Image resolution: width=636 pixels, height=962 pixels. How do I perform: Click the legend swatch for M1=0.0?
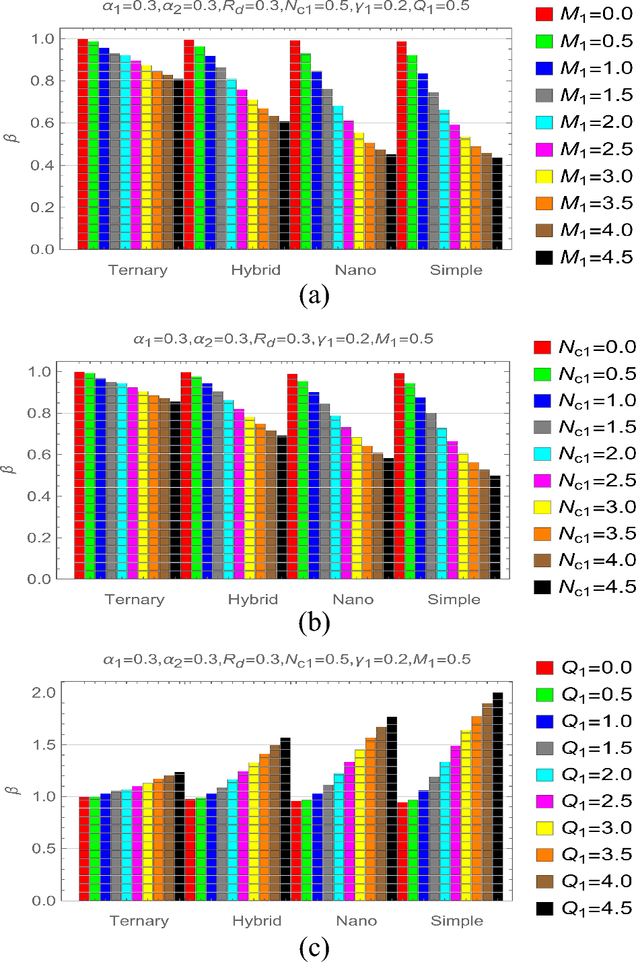tap(544, 14)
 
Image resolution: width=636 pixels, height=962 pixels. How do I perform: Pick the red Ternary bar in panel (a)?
tap(83, 144)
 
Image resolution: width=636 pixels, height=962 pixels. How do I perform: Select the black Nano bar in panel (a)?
tap(391, 202)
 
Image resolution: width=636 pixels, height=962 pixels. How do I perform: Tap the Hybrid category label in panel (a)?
tap(256, 270)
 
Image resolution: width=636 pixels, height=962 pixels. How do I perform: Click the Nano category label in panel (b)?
tap(353, 600)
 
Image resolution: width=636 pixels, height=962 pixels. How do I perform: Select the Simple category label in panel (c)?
tap(457, 921)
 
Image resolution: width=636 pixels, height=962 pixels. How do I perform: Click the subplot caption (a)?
tap(314, 295)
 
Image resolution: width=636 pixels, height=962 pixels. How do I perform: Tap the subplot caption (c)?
tap(314, 949)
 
